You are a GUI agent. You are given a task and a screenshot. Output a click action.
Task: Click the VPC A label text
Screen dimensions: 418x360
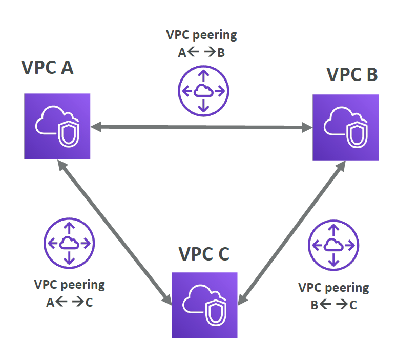pyautogui.click(x=48, y=67)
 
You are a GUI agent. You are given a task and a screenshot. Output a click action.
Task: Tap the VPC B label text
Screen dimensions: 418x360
pyautogui.click(x=352, y=74)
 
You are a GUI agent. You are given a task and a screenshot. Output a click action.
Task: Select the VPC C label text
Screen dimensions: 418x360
pyautogui.click(x=204, y=254)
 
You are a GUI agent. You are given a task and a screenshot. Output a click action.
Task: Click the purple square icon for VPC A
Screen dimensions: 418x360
pyautogui.click(x=57, y=127)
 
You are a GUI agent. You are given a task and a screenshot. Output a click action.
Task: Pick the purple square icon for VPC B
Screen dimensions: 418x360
pyautogui.click(x=345, y=127)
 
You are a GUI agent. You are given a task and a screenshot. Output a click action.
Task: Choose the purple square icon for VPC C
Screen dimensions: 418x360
pyautogui.click(x=205, y=305)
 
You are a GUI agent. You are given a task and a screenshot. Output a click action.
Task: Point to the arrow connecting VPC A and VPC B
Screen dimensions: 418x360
pyautogui.click(x=201, y=127)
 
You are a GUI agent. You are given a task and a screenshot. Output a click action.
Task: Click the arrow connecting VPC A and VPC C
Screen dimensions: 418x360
pyautogui.click(x=115, y=232)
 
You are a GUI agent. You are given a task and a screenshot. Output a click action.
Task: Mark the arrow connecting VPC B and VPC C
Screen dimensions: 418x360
pyautogui.click(x=292, y=233)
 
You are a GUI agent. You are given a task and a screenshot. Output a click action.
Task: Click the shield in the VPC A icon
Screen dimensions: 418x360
pyautogui.click(x=69, y=134)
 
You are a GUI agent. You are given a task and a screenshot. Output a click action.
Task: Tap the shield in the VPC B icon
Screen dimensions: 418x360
pyautogui.click(x=357, y=134)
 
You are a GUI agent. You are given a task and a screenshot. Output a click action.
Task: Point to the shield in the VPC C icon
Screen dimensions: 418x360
pyautogui.click(x=216, y=313)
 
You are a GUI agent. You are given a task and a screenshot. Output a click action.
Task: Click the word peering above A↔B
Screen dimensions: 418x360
pyautogui.click(x=215, y=35)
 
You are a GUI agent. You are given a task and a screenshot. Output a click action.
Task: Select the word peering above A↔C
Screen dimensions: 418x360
pyautogui.click(x=83, y=285)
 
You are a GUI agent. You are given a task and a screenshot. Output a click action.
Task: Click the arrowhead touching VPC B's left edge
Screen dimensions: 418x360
pyautogui.click(x=307, y=127)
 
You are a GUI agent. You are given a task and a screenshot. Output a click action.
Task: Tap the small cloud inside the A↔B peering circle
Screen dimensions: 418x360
pyautogui.click(x=203, y=90)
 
